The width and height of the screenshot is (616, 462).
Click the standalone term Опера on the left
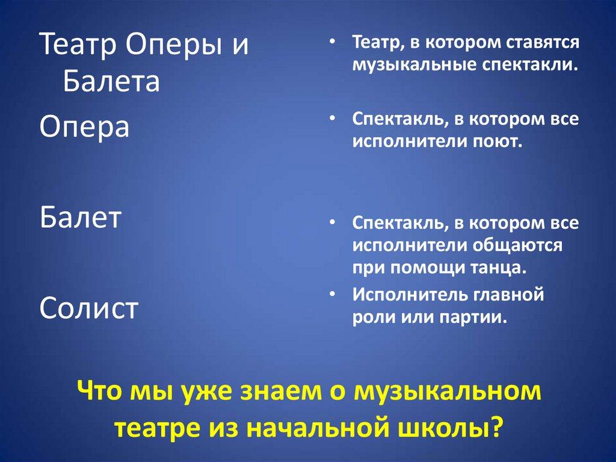(x=84, y=127)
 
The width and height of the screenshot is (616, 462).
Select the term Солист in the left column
(x=89, y=308)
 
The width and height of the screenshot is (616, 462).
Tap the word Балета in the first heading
(x=111, y=81)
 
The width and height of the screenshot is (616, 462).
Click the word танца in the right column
(x=498, y=267)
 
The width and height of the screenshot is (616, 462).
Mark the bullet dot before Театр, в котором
(x=333, y=43)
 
